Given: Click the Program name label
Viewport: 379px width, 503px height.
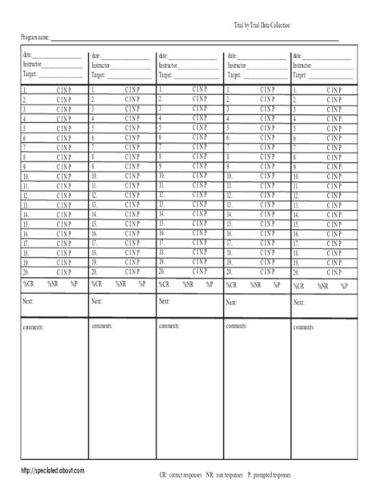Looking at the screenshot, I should [x=35, y=38].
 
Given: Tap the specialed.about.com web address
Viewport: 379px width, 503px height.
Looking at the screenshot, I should [x=54, y=472].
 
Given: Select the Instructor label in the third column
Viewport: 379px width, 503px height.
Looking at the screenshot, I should [x=169, y=65].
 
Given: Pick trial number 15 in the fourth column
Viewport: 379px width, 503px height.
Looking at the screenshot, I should [x=229, y=226].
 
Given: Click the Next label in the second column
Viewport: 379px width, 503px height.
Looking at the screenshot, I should [x=97, y=302].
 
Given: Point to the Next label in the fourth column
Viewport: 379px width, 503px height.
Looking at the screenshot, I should [x=231, y=303].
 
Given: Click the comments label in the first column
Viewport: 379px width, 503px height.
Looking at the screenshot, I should [x=34, y=327].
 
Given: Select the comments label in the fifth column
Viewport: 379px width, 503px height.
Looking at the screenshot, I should [x=303, y=327].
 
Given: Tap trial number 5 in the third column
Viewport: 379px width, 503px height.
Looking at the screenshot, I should [x=160, y=128].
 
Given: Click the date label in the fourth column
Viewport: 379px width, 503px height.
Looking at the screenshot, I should [x=230, y=56].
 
